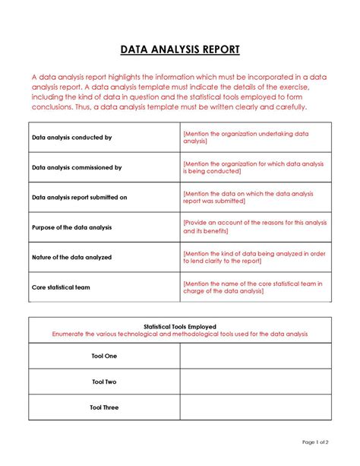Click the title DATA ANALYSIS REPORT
(180, 50)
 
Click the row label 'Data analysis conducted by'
(71, 138)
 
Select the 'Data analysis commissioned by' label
(76, 167)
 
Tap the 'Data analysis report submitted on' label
(79, 197)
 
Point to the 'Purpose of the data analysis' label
(71, 227)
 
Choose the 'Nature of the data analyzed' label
(71, 257)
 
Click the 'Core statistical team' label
(62, 287)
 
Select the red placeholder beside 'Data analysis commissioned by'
(252, 167)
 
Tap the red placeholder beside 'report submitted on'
(249, 197)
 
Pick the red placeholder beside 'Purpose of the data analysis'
(254, 227)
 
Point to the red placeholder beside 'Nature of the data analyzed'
(254, 257)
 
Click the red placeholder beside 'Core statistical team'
(252, 287)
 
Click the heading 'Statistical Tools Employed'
(180, 325)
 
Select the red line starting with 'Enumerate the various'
(180, 334)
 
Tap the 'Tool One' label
(104, 356)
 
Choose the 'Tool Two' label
(104, 382)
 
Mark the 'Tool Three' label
(104, 407)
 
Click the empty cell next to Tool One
(254, 356)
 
